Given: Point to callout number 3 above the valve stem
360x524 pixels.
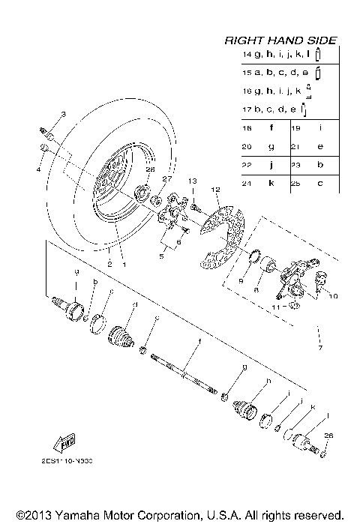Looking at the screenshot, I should click(64, 114).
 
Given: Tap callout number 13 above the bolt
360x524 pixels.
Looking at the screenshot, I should click(192, 181).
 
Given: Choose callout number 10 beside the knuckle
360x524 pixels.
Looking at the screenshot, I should click(333, 296).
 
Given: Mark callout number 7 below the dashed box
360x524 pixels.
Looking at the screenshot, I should click(320, 349).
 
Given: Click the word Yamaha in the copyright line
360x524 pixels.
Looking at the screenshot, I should click(73, 516).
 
